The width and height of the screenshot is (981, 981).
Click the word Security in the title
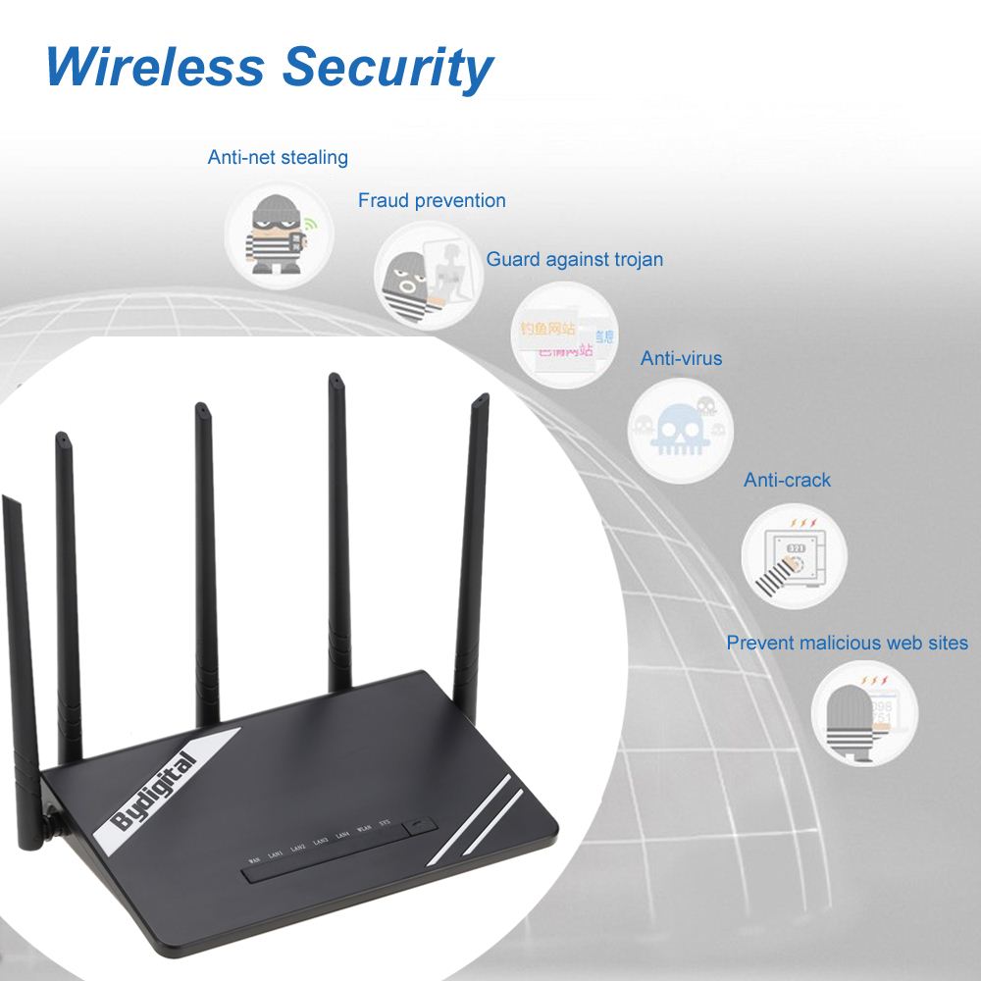pos(387,69)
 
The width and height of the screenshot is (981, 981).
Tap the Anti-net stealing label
pos(278,157)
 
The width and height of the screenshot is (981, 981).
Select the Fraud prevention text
pos(432,201)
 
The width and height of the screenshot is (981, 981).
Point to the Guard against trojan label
pos(575,260)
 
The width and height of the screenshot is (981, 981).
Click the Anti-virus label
pos(681,359)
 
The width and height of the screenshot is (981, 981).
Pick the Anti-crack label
pos(787,481)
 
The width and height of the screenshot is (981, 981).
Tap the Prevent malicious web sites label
pos(847,644)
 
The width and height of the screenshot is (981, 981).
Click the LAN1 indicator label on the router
pos(277,855)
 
